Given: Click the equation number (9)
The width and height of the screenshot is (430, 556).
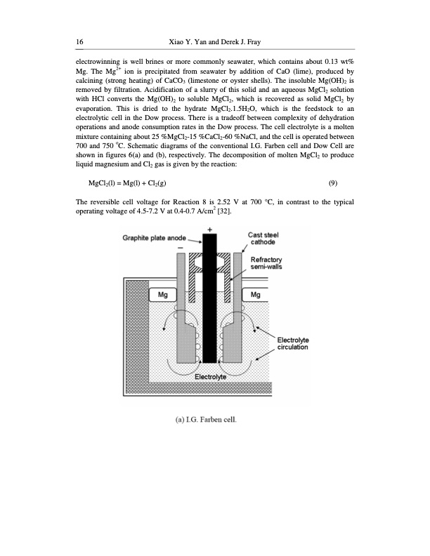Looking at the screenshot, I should tap(333, 183).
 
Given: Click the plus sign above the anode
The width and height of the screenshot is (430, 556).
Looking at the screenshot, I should tap(209, 229).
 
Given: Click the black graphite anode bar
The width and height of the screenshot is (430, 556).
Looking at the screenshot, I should tap(209, 309).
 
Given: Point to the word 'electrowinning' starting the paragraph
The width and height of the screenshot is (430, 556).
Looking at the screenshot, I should tap(99, 62).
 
